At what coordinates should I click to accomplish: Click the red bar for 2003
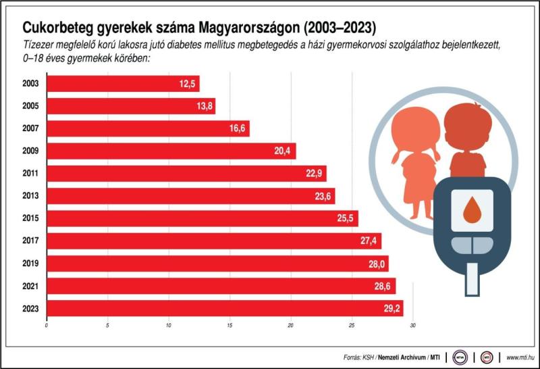click(122, 84)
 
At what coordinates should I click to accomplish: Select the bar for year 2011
click(186, 174)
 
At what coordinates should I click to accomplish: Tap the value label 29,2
click(392, 309)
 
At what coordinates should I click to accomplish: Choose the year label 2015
click(30, 219)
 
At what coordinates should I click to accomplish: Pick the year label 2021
click(30, 287)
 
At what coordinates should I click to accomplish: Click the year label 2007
click(30, 128)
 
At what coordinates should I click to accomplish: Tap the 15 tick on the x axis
click(230, 327)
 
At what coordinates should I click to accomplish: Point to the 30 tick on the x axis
click(412, 327)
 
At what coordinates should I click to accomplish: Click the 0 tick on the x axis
click(47, 327)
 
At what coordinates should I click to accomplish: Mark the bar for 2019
click(216, 264)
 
